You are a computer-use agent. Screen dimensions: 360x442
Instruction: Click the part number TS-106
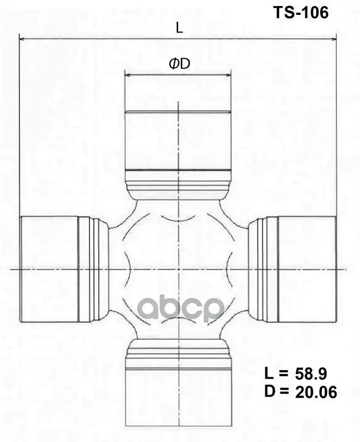coord(301,13)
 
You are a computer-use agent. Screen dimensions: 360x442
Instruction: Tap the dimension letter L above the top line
coord(179,28)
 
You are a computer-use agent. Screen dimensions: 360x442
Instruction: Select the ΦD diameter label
coord(179,64)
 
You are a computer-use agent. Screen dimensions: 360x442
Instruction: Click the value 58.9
coord(311,374)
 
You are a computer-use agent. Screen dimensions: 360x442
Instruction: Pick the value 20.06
coord(316,392)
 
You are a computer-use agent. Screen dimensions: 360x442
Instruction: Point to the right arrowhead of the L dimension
coord(333,39)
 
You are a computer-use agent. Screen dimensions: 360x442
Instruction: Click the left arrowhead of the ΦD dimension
coord(128,75)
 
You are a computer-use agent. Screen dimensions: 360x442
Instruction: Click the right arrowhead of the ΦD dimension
coord(228,75)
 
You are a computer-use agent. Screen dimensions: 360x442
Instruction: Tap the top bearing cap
coord(178,140)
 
